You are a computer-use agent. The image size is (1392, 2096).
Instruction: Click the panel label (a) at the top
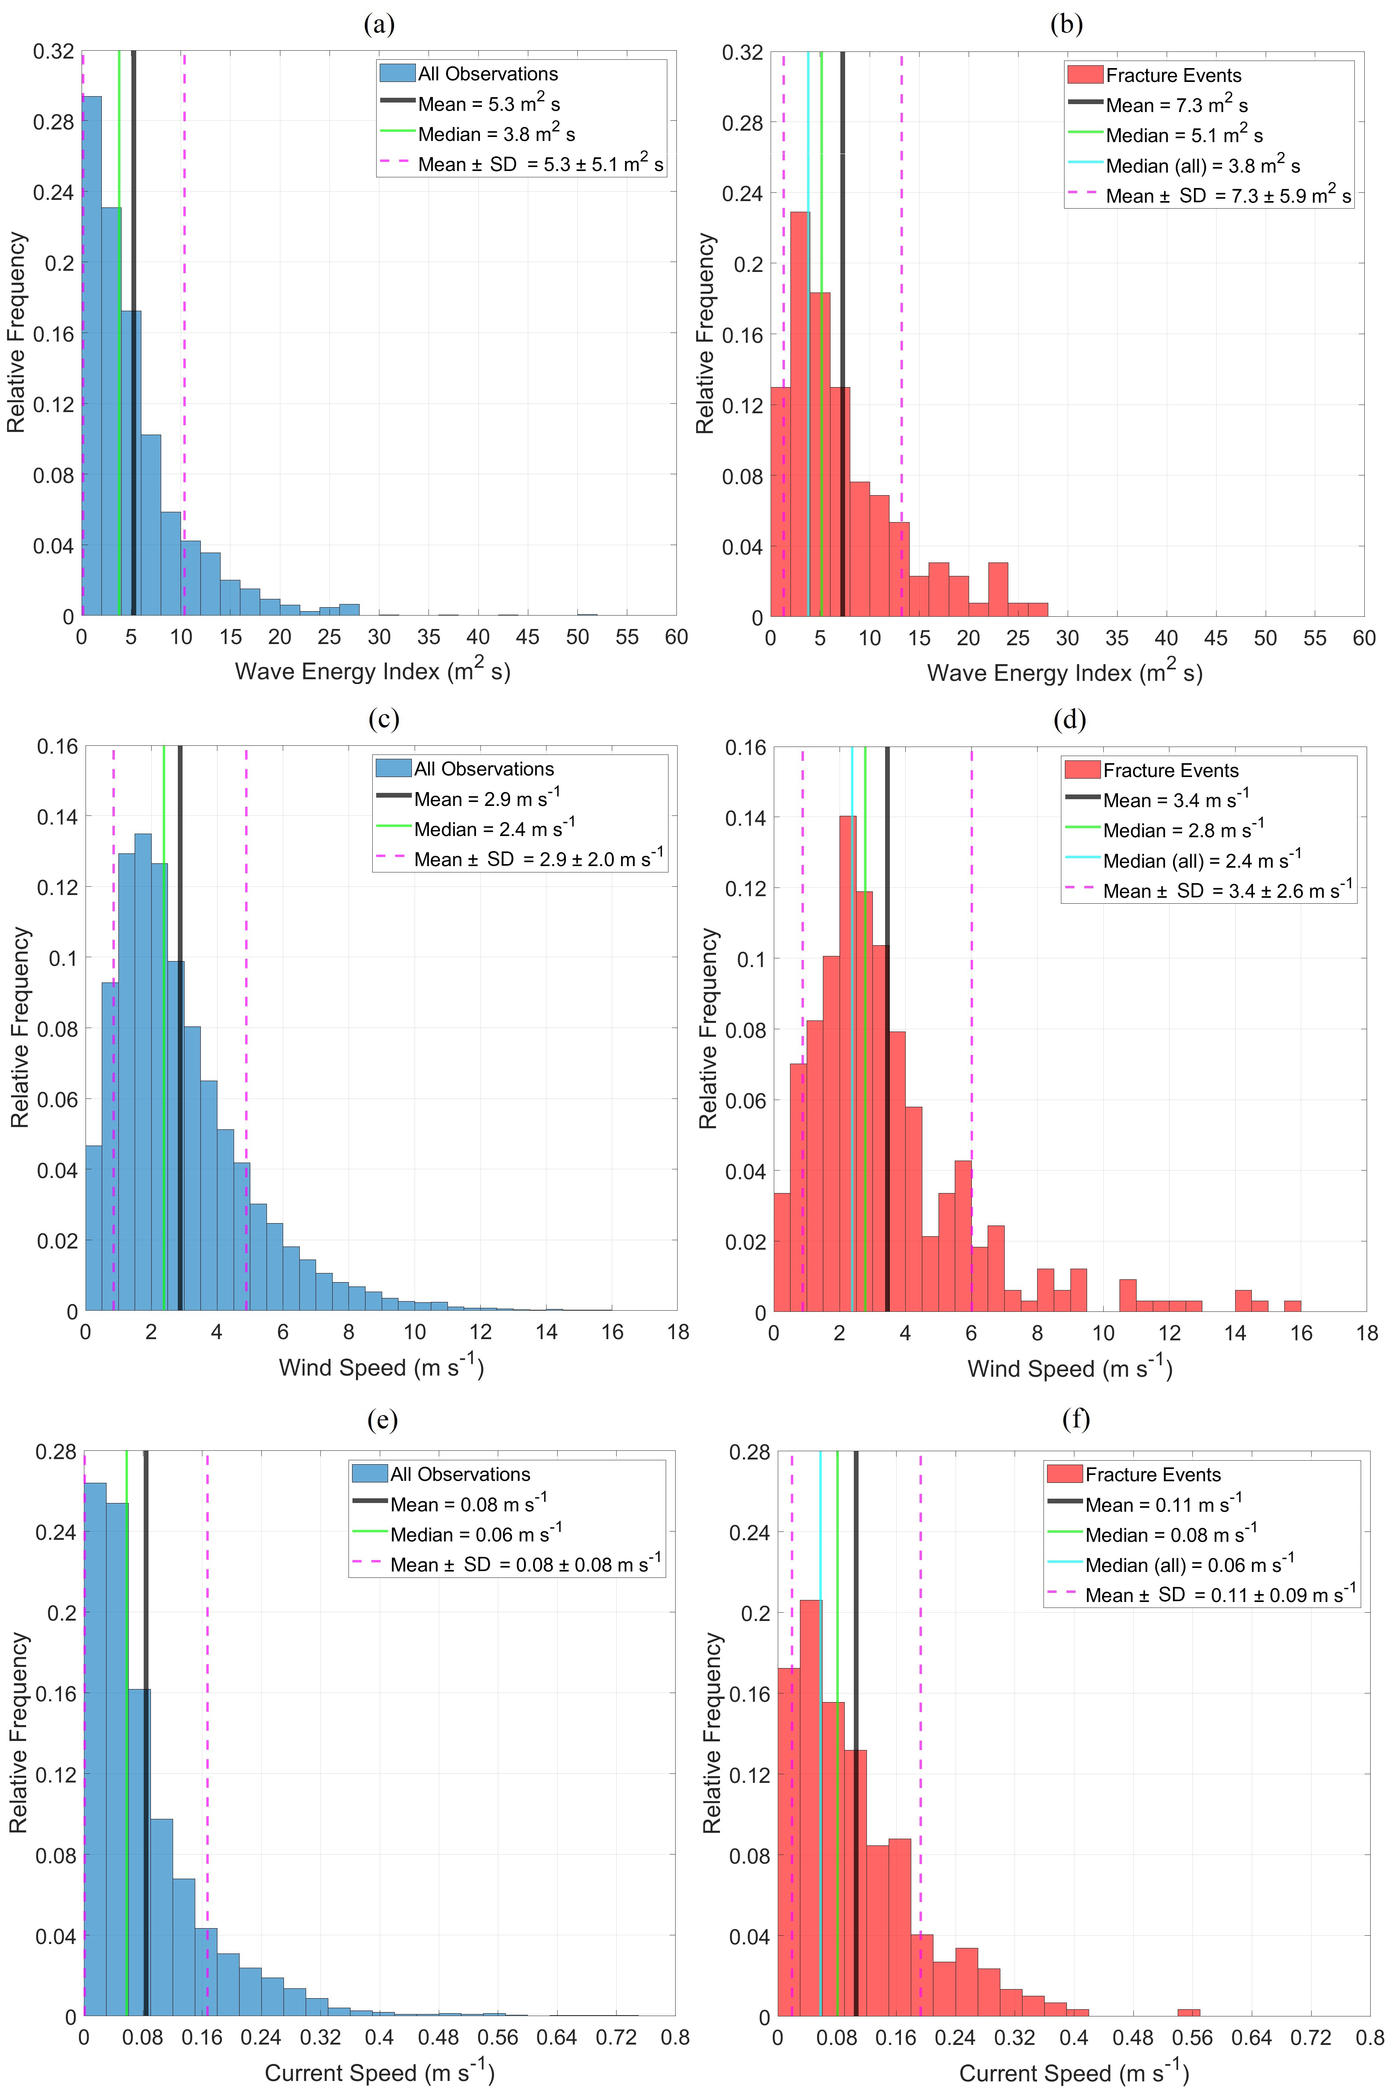[379, 24]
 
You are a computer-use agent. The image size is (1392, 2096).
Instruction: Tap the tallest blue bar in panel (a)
[91, 355]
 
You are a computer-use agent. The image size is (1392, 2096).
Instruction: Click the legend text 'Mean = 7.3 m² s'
[1176, 106]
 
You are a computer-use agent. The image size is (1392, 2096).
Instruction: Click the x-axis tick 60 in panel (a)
[676, 637]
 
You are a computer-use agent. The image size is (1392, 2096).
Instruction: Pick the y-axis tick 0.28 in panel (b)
[742, 122]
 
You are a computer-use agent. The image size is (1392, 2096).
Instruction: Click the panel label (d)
[1069, 720]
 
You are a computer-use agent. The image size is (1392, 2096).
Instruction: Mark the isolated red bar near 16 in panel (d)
[1293, 1305]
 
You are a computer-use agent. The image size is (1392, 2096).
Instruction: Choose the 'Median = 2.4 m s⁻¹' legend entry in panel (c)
[493, 829]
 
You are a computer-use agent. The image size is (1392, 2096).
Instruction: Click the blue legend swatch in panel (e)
[369, 1474]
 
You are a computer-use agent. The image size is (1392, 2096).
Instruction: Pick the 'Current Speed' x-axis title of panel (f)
[1073, 2073]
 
